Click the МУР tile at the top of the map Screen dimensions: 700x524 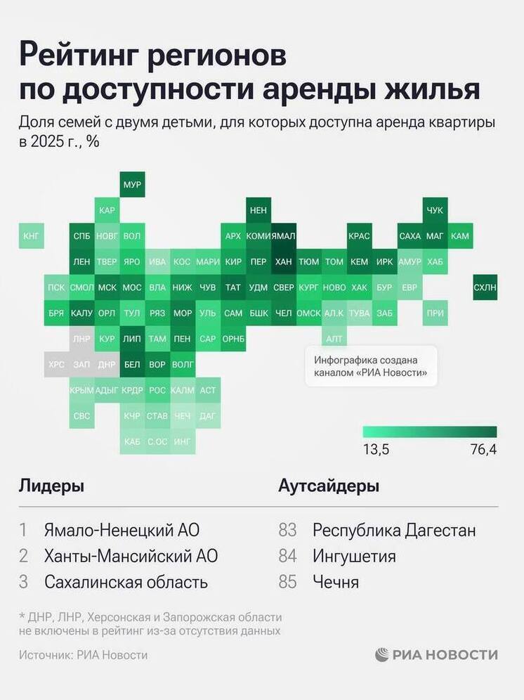(x=132, y=185)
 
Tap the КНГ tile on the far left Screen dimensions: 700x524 (x=32, y=236)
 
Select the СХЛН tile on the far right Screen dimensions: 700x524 (x=485, y=287)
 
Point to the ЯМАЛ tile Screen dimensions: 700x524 (x=283, y=236)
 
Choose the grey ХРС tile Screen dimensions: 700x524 (x=56, y=365)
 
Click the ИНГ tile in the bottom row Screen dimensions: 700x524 (x=183, y=441)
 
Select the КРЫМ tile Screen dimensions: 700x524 (x=81, y=390)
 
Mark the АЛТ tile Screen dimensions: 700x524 (x=334, y=339)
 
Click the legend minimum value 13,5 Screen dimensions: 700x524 (x=376, y=450)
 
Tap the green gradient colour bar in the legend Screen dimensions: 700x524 (x=430, y=432)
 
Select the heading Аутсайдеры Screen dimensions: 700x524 (x=329, y=486)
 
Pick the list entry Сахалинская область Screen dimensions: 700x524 (x=126, y=582)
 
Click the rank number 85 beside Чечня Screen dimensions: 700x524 (x=288, y=582)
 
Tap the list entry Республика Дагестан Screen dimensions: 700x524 (x=394, y=530)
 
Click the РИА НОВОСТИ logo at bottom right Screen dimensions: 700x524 (x=436, y=654)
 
